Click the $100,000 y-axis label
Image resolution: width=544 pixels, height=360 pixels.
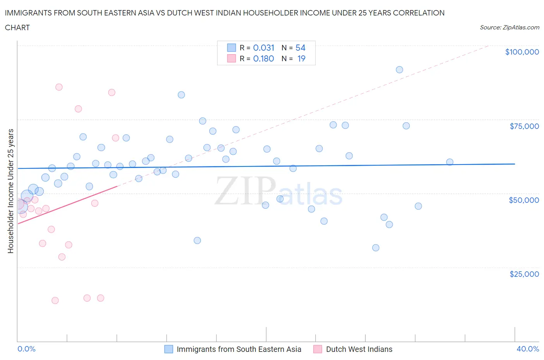tap(522, 52)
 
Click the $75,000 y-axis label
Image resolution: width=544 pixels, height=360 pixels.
tap(524, 126)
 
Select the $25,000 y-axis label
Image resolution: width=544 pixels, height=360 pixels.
tap(524, 274)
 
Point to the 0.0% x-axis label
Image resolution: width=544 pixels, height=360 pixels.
tap(26, 349)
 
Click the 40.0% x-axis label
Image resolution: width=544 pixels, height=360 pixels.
tap(527, 349)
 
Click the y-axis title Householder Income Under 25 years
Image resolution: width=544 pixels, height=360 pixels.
tap(10, 191)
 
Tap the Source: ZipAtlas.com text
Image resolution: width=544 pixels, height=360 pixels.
tap(509, 27)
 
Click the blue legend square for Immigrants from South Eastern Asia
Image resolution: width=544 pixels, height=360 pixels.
tap(169, 349)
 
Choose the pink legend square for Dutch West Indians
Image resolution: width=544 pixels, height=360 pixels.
tap(318, 349)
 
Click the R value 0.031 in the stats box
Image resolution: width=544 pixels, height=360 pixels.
tap(263, 48)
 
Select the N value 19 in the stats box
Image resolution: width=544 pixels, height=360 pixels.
tap(301, 58)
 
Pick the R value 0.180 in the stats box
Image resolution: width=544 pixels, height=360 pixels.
tap(263, 58)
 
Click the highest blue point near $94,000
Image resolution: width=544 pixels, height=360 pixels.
tap(399, 70)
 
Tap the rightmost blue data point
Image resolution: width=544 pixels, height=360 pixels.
tap(450, 162)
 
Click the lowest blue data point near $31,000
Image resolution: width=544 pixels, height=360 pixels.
tap(376, 248)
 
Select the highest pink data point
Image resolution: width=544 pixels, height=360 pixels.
tap(59, 87)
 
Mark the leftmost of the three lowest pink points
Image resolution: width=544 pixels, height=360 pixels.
tap(55, 300)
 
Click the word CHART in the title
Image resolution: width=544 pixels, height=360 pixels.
tap(17, 27)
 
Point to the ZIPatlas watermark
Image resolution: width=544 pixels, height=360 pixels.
tap(279, 192)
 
